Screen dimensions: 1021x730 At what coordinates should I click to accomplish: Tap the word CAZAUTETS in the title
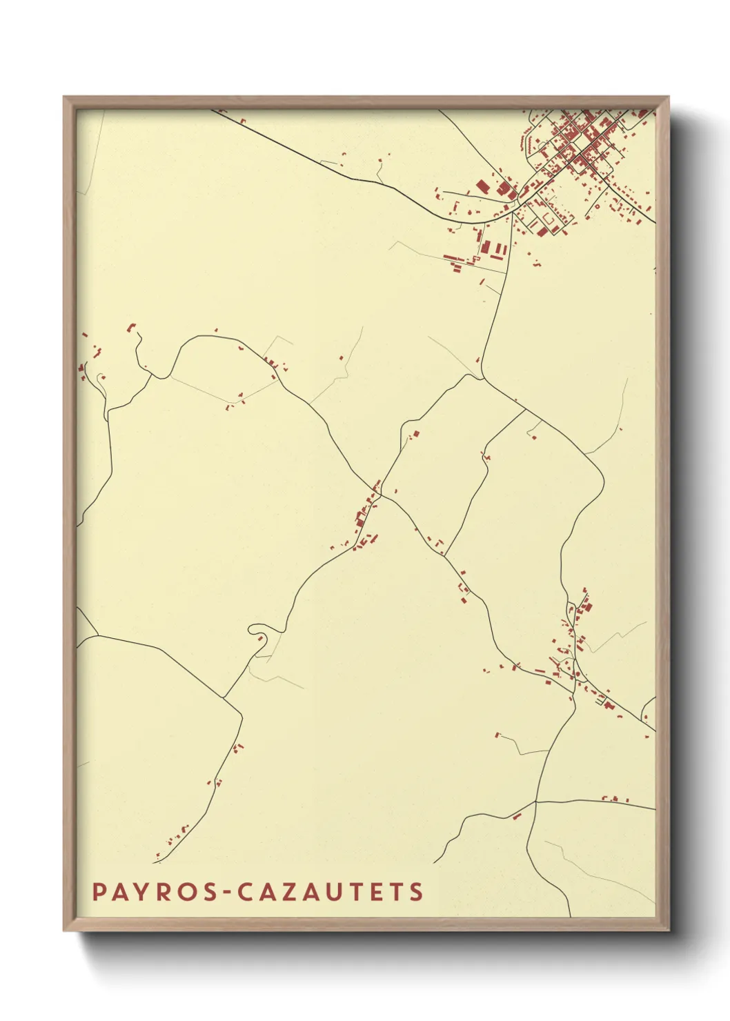(331, 891)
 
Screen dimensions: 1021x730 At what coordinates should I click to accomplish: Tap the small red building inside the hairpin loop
(260, 638)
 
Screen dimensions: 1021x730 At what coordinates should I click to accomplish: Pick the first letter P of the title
(99, 891)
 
